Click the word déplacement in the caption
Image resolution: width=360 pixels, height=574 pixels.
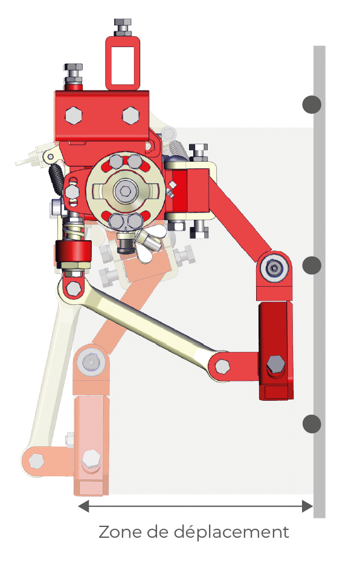click(231, 532)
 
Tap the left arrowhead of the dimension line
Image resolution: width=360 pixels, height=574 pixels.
click(83, 506)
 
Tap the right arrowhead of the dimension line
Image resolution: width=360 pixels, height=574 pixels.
click(307, 506)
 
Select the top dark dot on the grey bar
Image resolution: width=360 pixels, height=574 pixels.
click(312, 104)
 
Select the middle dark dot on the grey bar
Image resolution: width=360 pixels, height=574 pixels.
click(312, 265)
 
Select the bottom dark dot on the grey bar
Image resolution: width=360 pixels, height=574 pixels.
click(312, 424)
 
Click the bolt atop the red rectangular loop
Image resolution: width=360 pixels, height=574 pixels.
click(123, 27)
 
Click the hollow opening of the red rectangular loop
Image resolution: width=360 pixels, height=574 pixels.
click(123, 63)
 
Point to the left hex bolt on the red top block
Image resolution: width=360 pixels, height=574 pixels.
click(73, 115)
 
